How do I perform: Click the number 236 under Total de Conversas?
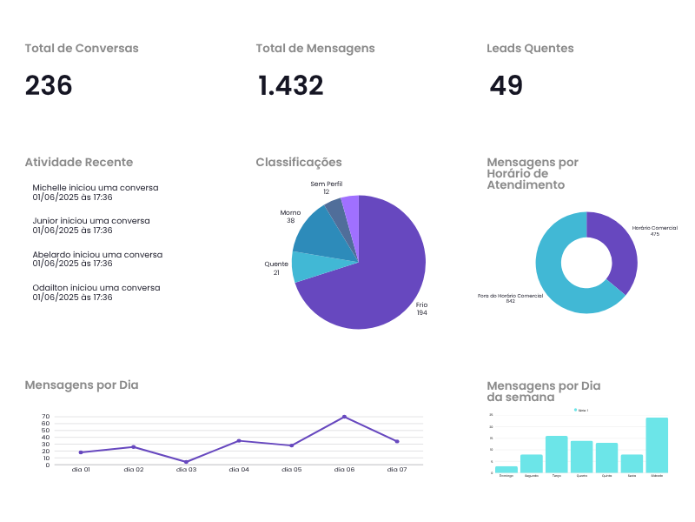[x=49, y=85]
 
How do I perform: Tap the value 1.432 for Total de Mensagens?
[x=290, y=85]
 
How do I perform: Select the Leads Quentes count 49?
[x=506, y=85]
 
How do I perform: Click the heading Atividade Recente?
[x=78, y=162]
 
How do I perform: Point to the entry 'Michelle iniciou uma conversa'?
[x=96, y=187]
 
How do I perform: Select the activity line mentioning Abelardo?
[x=97, y=254]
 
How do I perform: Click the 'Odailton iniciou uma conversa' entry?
[x=96, y=287]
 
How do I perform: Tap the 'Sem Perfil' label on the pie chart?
[x=327, y=184]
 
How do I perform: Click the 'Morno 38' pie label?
[x=290, y=217]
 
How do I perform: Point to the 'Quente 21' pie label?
[x=276, y=268]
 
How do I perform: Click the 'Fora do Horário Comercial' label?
[x=510, y=296]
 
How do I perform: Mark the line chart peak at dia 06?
[x=344, y=417]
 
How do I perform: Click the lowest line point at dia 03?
[x=186, y=462]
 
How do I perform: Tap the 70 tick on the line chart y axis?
[x=45, y=417]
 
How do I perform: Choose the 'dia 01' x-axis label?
[x=81, y=470]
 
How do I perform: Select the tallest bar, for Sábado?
[x=657, y=445]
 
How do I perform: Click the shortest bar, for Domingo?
[x=506, y=469]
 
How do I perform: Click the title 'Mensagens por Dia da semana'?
[x=543, y=391]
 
